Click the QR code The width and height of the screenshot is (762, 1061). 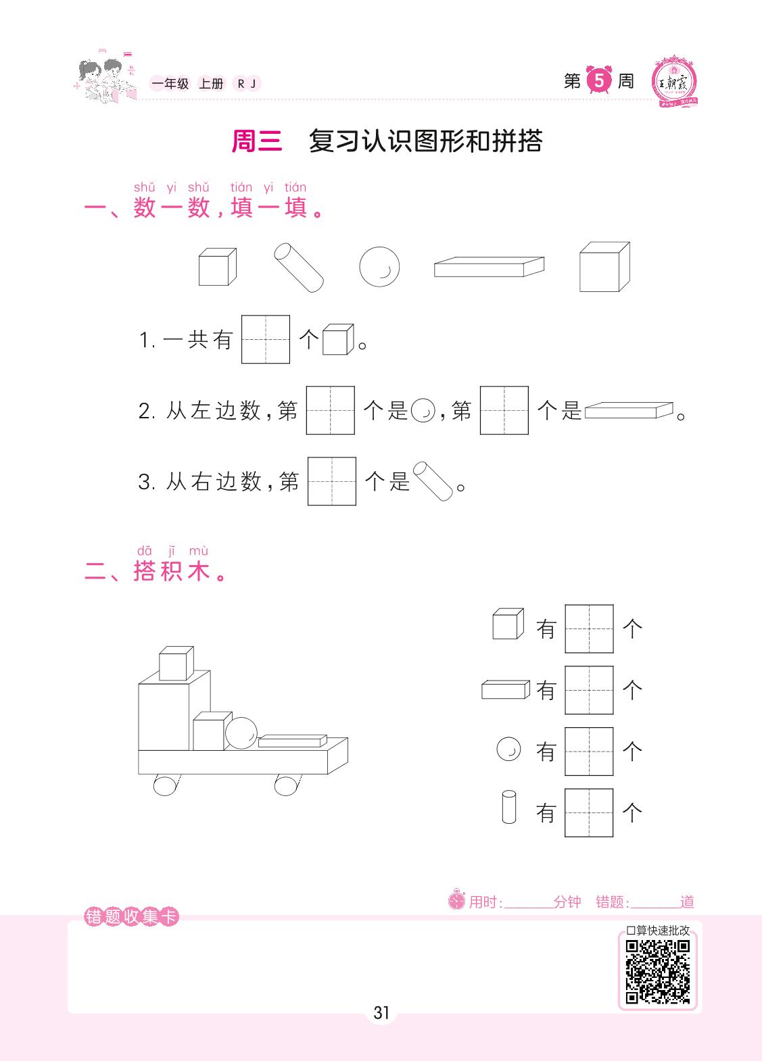pos(657,972)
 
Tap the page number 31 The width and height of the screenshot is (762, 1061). pos(381,1013)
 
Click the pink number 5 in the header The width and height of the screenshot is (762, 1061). pos(599,80)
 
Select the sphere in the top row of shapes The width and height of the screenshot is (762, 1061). pos(379,267)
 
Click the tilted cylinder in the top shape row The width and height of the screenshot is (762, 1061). pos(299,267)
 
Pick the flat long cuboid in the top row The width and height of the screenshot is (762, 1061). pos(489,267)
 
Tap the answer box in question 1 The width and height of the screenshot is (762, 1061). pos(265,339)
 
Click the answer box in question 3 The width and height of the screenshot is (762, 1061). pos(332,480)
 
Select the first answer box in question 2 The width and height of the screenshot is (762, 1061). pos(331,410)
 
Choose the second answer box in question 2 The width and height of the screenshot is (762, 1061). pos(504,410)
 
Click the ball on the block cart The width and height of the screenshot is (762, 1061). pos(241,733)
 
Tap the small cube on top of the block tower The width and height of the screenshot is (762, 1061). pos(176,663)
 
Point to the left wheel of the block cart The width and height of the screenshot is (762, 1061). pos(166,785)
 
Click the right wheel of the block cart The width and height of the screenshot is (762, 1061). pos(287,785)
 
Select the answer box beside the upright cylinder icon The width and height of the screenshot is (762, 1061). pos(589,813)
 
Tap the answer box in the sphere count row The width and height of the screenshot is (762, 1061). pos(589,751)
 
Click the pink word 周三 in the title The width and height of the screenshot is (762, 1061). pos(257,141)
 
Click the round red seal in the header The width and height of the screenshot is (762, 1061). pos(673,82)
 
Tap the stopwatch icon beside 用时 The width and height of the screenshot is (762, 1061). pos(457,899)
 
